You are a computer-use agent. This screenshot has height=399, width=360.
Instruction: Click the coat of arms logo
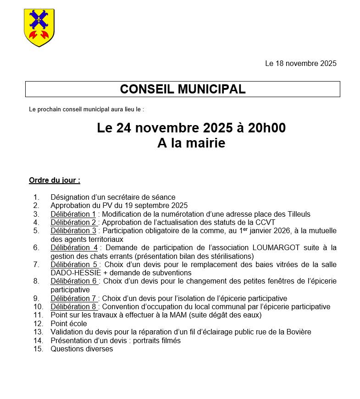(39, 27)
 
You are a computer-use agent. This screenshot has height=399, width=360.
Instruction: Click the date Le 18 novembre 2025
(300, 64)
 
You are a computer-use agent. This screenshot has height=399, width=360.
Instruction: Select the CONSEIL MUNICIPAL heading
(183, 89)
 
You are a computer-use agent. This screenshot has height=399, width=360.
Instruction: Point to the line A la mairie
(191, 143)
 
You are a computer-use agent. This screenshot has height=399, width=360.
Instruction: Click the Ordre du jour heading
(55, 180)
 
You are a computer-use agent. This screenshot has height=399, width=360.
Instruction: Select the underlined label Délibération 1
(73, 214)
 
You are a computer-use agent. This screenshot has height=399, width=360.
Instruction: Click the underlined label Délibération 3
(73, 231)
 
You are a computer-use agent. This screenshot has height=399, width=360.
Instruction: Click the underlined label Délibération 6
(74, 281)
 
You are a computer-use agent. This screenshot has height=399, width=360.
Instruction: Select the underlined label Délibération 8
(74, 307)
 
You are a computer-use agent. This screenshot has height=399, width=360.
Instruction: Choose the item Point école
(69, 324)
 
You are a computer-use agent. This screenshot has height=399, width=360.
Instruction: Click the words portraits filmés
(157, 340)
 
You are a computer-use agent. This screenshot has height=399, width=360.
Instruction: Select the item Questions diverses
(82, 349)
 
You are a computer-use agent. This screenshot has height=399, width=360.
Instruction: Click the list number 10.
(38, 307)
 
